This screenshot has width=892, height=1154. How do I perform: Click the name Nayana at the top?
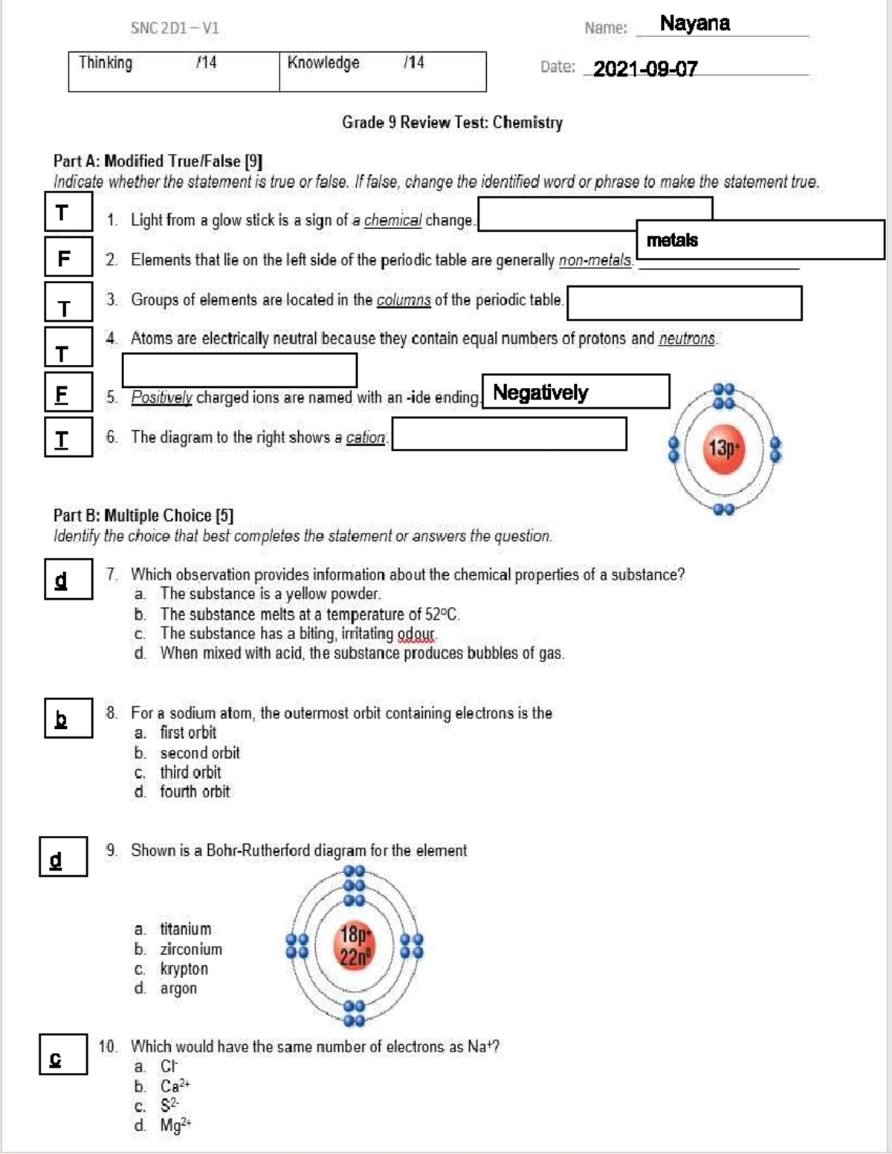694,24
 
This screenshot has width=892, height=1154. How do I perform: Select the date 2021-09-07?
644,69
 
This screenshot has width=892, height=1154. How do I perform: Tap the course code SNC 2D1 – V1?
175,28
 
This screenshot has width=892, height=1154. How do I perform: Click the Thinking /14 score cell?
174,71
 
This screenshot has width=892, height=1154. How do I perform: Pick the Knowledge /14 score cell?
382,71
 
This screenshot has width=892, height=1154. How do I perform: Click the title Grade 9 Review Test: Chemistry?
452,123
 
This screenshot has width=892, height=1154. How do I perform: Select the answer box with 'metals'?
760,240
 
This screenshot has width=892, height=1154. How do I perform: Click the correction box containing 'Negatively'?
575,392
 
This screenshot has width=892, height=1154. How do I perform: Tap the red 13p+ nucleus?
723,449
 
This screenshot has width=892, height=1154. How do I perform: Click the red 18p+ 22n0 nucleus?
355,946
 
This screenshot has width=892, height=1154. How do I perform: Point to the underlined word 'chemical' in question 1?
392,221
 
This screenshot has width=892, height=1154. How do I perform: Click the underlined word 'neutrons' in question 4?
687,340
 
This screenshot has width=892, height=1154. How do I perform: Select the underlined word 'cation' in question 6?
366,438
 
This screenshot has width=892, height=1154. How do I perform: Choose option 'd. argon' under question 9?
178,988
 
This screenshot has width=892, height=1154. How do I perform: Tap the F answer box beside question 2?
68,257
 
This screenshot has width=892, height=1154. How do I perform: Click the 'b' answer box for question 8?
68,718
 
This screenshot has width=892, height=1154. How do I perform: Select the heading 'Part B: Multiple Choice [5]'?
143,515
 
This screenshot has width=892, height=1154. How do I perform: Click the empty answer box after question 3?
684,303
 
